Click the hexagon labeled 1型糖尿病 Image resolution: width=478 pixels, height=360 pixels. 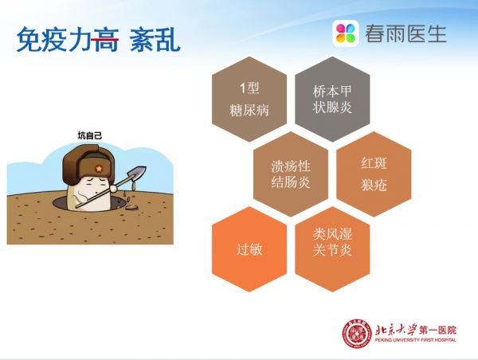[249, 99]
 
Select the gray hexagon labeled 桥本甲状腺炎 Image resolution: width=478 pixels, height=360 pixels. [332, 99]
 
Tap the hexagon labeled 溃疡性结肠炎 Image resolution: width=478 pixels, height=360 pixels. [291, 174]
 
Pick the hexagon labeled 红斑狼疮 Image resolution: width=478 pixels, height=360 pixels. [374, 174]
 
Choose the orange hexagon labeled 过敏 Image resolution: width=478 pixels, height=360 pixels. [249, 248]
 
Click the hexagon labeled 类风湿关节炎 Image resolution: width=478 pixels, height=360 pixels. [332, 248]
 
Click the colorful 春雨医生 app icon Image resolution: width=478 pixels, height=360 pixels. [347, 33]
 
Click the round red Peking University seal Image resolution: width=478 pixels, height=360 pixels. [357, 333]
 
